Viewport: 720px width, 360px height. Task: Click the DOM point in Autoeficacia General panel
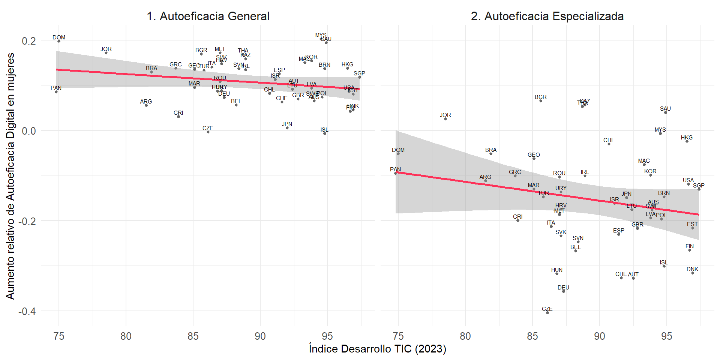[x=59, y=41]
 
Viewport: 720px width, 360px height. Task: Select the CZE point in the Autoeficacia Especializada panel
[x=547, y=313]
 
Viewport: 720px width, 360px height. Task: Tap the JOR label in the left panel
[x=106, y=49]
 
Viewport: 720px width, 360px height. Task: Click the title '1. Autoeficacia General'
[x=208, y=16]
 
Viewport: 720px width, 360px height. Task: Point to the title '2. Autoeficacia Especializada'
[x=547, y=16]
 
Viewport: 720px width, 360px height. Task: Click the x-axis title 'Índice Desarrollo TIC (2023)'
[x=377, y=349]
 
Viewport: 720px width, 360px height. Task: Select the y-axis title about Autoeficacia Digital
[x=10, y=176]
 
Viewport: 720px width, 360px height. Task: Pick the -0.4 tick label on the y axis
[x=27, y=311]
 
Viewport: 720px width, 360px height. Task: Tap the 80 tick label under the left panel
[x=126, y=336]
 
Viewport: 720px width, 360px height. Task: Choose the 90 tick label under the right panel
[x=599, y=336]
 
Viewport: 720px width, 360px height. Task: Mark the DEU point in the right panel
[x=564, y=291]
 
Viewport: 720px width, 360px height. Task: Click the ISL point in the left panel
[x=325, y=133]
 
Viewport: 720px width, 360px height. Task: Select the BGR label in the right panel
[x=540, y=97]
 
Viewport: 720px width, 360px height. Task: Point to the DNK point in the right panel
[x=693, y=273]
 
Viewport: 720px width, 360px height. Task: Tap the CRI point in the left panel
[x=178, y=117]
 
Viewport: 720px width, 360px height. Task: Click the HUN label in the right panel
[x=556, y=270]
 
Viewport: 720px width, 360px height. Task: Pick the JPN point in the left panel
[x=287, y=128]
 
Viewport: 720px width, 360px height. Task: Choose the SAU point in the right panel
[x=666, y=112]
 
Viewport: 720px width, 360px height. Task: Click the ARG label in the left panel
[x=146, y=102]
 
